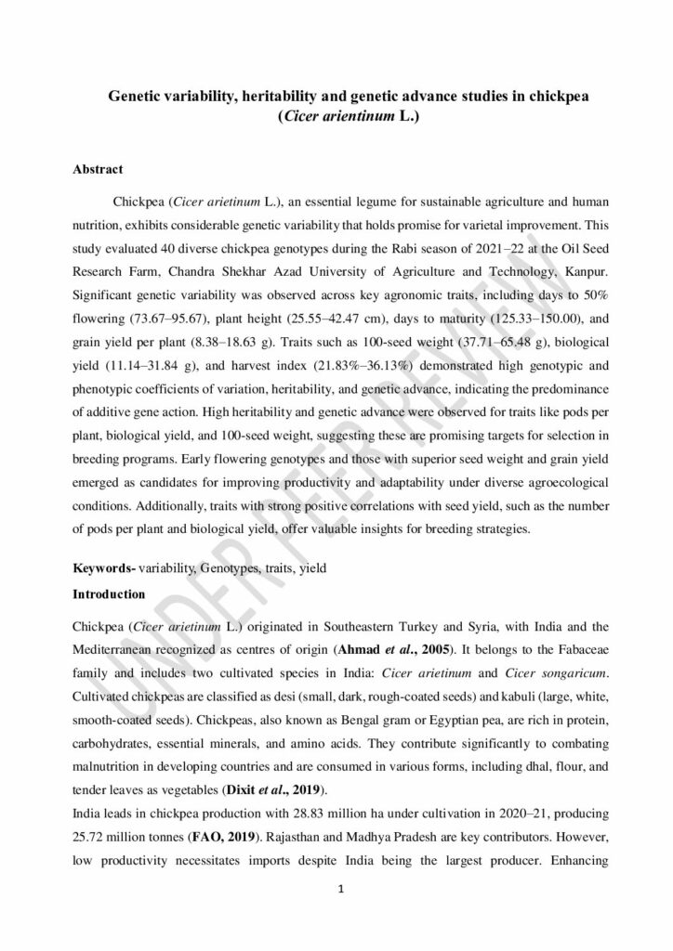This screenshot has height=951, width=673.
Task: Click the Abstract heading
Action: (98, 170)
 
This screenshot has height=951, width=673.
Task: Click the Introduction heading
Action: (109, 593)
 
